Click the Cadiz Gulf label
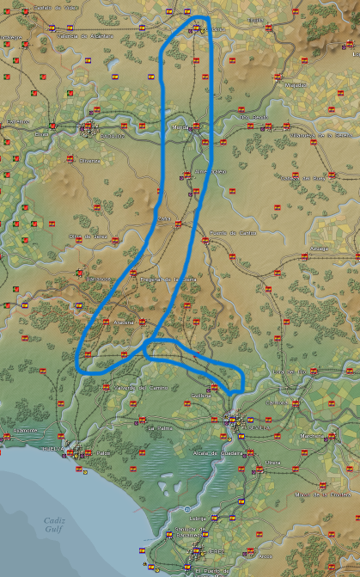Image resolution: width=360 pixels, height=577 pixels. (x=56, y=525)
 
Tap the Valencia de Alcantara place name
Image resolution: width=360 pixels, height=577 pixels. (x=85, y=36)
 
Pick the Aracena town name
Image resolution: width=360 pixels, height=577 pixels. (x=125, y=322)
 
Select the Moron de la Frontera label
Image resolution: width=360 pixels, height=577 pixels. (x=313, y=494)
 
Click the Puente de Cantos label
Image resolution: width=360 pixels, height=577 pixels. (x=232, y=233)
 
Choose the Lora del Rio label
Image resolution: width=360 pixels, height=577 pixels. (x=288, y=371)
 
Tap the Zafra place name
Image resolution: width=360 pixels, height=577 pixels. (x=164, y=219)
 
